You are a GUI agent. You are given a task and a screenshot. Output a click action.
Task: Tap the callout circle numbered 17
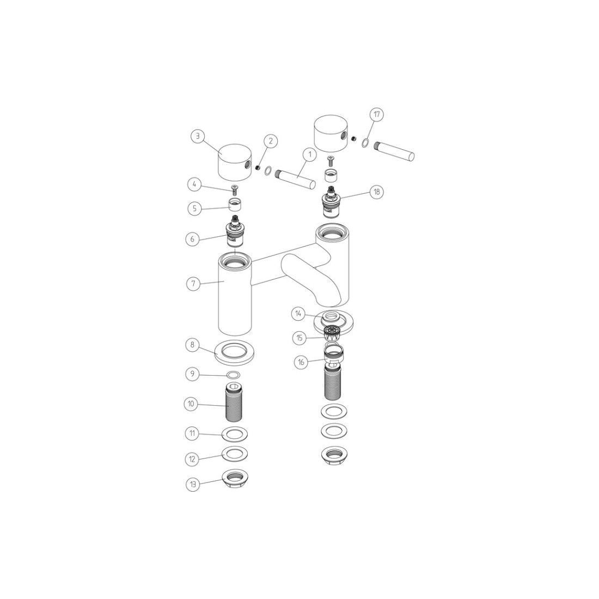pyautogui.click(x=377, y=114)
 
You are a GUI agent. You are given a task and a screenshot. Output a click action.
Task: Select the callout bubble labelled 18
pyautogui.click(x=377, y=192)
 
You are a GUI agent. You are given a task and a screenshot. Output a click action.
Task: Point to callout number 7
pyautogui.click(x=193, y=284)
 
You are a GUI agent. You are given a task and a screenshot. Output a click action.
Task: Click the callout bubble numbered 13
pyautogui.click(x=193, y=485)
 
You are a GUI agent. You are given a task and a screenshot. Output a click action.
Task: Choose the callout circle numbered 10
pyautogui.click(x=191, y=404)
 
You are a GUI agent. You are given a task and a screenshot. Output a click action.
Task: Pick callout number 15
pyautogui.click(x=299, y=338)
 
